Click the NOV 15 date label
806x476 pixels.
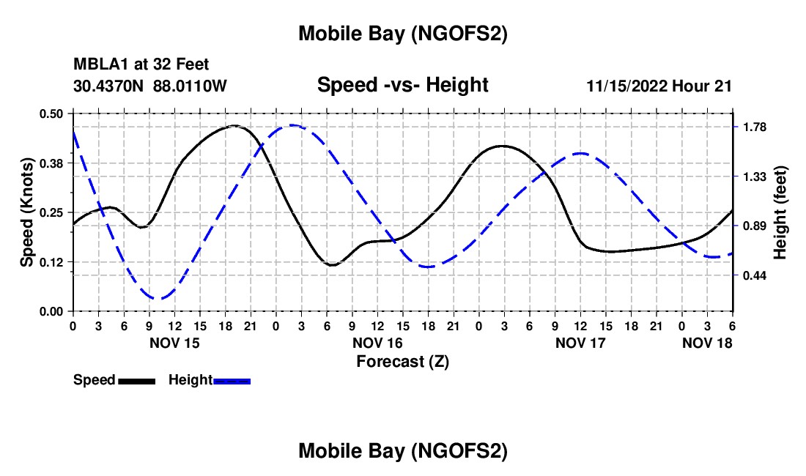[x=174, y=343]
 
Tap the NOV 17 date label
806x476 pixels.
[x=580, y=343]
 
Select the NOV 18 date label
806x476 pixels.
[x=706, y=343]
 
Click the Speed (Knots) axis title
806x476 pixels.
[x=27, y=212]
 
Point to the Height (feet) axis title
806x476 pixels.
[x=780, y=212]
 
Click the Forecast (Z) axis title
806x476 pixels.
[x=402, y=361]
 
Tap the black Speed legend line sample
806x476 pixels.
[x=136, y=381]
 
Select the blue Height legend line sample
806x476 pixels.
[x=232, y=381]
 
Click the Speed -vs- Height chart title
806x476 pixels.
[x=402, y=85]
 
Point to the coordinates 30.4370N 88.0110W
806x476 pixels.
[x=150, y=86]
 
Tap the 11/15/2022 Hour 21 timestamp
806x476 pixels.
[x=659, y=86]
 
